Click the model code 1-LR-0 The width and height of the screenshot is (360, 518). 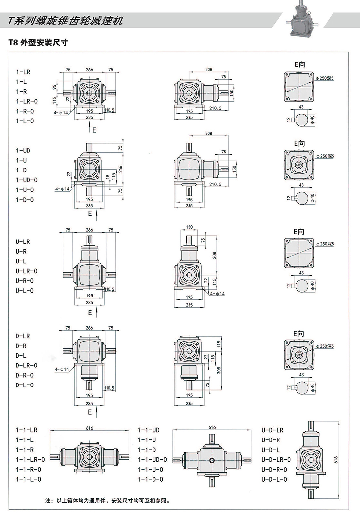(27, 101)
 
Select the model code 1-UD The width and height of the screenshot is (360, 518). (23, 151)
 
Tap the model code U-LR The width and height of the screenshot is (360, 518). (23, 242)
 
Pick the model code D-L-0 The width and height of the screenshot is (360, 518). (25, 385)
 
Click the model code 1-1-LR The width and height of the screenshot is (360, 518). (27, 430)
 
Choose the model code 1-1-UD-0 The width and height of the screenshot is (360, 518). (152, 460)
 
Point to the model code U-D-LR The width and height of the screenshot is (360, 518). (272, 430)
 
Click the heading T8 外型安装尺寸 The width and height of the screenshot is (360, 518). (38, 43)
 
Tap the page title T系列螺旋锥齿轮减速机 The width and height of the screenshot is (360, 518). (65, 21)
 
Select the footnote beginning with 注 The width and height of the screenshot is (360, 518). (108, 501)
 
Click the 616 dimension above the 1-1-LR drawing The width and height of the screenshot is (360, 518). (89, 428)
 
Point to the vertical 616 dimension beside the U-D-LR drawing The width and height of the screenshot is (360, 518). (336, 459)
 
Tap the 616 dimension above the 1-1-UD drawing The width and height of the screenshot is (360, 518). (212, 427)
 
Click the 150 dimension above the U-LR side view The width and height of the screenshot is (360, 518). (189, 227)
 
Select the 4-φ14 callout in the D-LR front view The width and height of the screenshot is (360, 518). (62, 369)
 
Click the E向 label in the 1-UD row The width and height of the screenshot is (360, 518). (299, 143)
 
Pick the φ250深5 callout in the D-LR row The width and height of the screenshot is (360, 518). (325, 346)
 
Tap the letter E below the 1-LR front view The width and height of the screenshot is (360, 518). (94, 130)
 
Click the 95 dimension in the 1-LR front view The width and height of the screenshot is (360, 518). (54, 87)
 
